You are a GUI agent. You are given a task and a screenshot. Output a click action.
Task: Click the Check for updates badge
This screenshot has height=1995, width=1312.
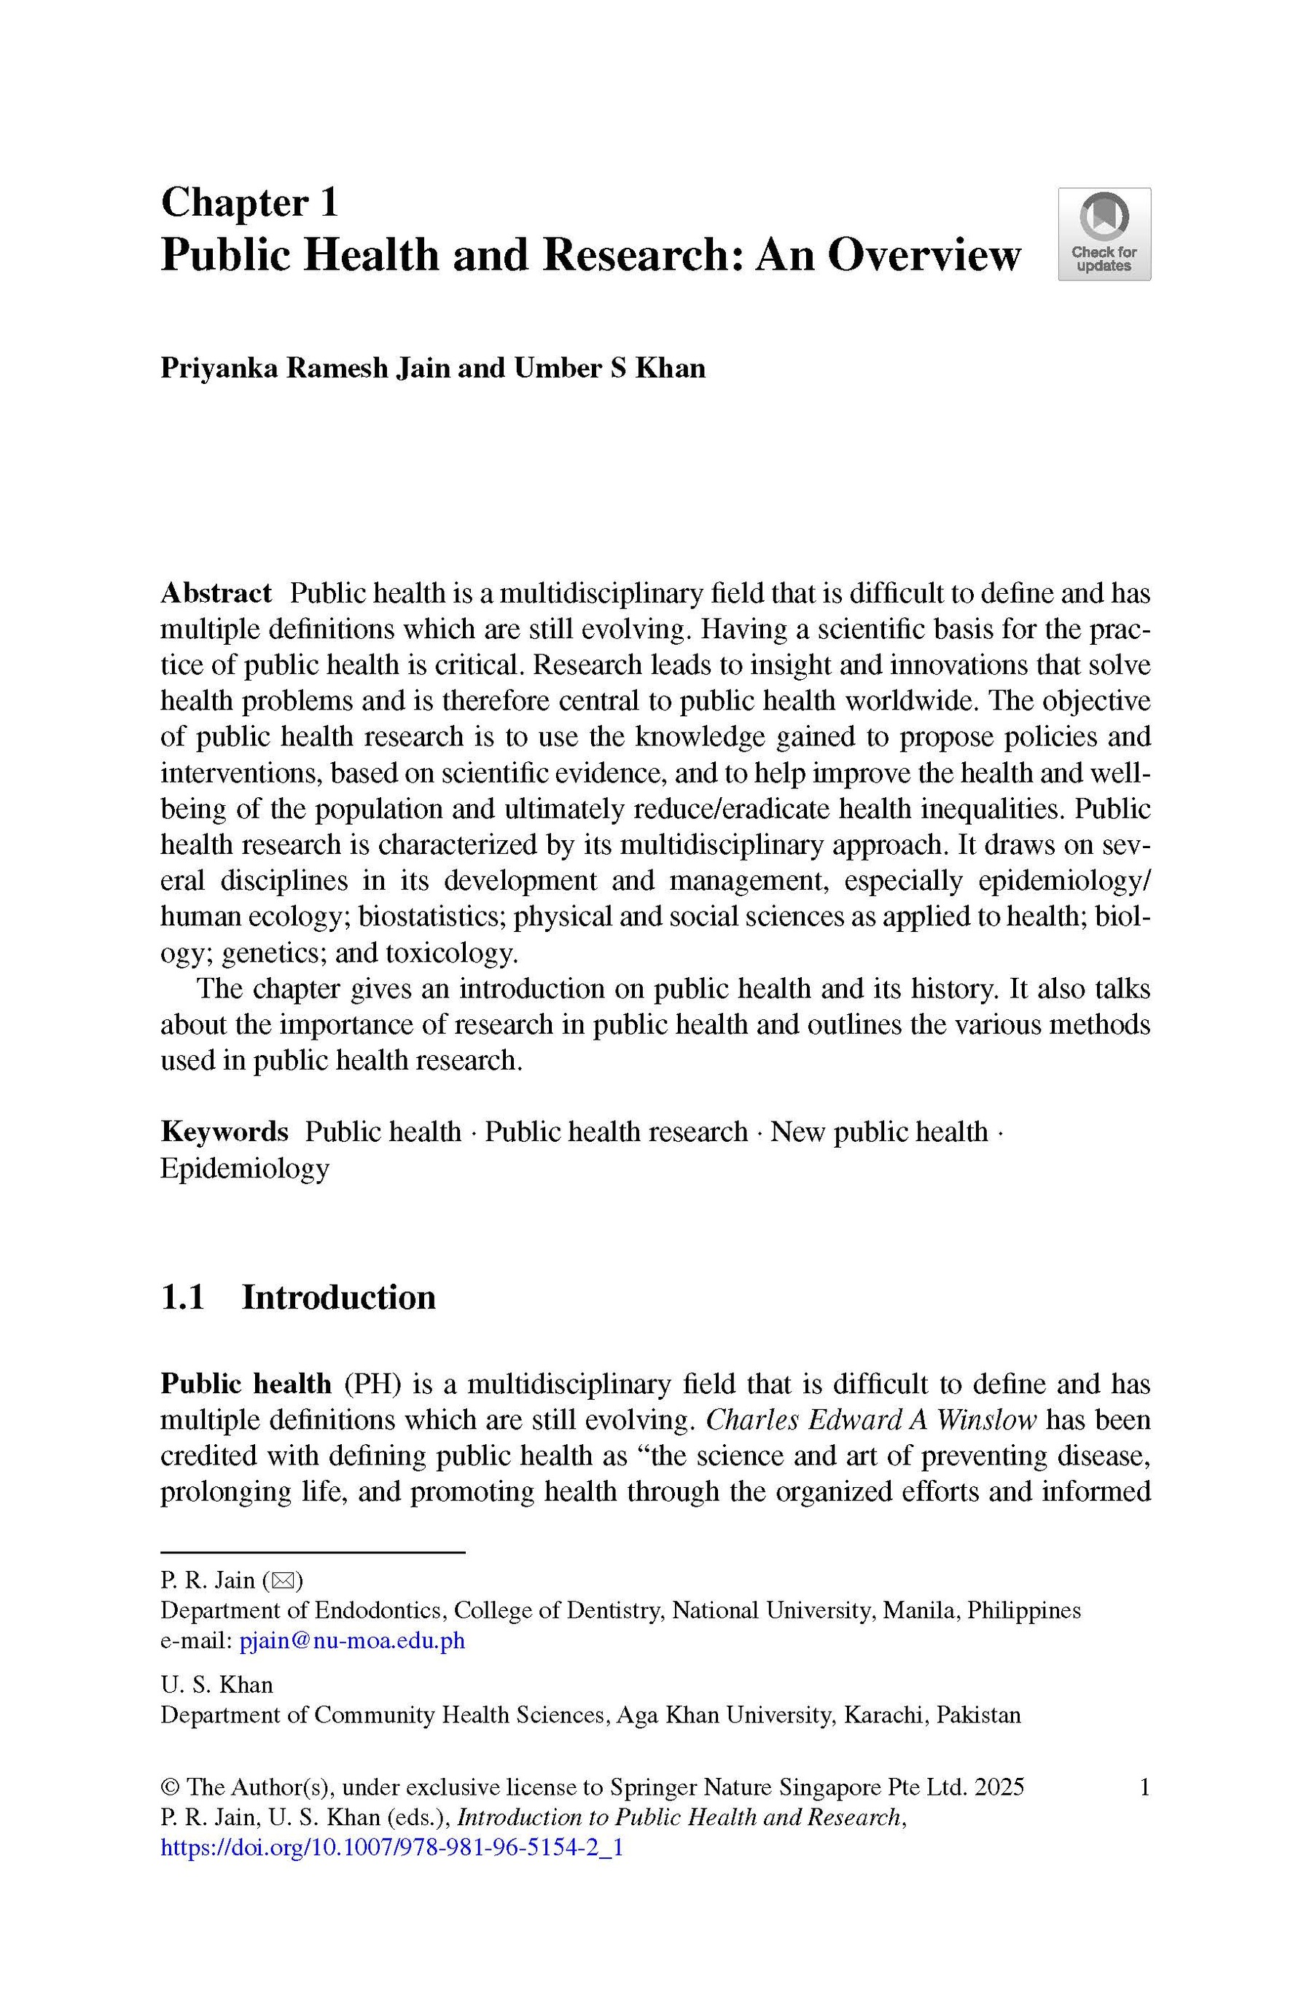[x=1104, y=234]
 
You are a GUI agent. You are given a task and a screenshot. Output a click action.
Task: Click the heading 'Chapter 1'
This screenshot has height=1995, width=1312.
[x=249, y=203]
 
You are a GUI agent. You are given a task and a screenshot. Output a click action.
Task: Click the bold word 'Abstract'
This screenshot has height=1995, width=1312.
[x=216, y=592]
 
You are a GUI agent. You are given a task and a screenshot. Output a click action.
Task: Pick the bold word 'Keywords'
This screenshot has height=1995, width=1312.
[x=224, y=1132]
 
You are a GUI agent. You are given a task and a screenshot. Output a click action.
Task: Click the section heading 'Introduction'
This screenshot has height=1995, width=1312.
[x=339, y=1297]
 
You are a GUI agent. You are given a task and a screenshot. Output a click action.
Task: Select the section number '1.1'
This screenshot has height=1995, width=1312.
[x=183, y=1297]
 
